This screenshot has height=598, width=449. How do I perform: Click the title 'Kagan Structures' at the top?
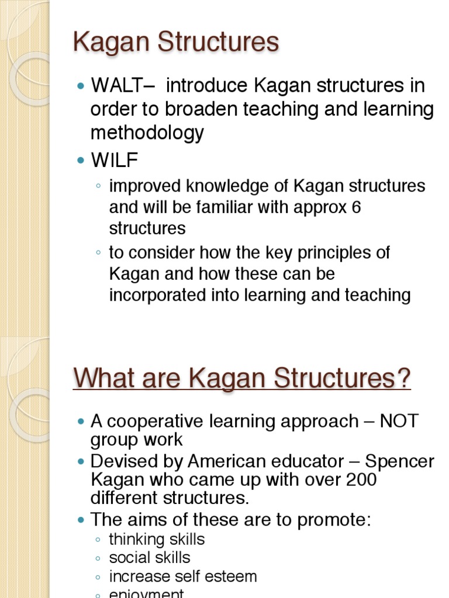coord(175,42)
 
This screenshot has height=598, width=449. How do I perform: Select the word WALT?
coord(115,86)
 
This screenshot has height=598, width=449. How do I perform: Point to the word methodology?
coord(147,133)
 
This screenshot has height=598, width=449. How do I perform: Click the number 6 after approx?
coord(355,207)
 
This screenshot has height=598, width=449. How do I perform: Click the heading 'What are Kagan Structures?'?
coord(242,378)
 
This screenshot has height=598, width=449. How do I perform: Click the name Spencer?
coord(399,461)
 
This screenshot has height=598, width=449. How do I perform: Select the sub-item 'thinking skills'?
coord(157,539)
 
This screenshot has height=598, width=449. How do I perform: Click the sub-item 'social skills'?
coord(150,558)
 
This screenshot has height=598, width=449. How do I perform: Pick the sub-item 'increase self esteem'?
coord(183,576)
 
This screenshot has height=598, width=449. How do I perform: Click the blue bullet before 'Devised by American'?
coord(81,462)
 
